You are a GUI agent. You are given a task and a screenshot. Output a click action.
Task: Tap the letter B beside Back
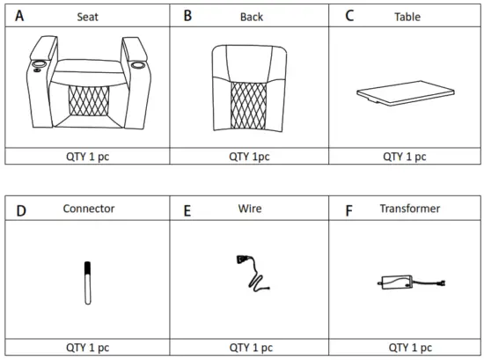187,15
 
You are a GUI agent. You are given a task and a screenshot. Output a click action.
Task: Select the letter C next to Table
349,15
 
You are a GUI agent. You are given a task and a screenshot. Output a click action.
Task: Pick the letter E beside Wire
187,210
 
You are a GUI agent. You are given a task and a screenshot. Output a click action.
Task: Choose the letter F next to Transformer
348,210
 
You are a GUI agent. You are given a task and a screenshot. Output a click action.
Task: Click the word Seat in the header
87,17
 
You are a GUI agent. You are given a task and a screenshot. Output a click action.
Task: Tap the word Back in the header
252,17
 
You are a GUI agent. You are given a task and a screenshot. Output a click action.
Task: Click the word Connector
89,209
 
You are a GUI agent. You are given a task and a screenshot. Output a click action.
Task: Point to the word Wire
250,209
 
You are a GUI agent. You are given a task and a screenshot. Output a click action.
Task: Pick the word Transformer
409,209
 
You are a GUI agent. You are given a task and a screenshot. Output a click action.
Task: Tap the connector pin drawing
87,282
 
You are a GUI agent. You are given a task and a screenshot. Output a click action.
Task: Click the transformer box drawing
394,283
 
